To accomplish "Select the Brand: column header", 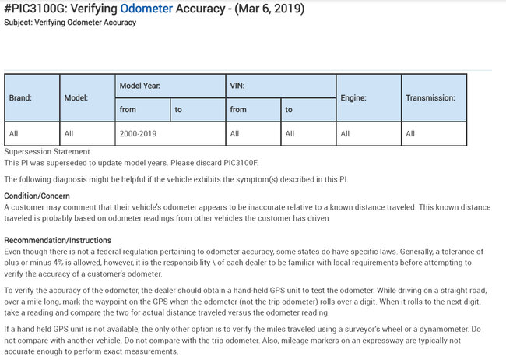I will coord(21,98).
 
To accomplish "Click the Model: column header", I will coord(76,98).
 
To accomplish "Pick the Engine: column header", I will coord(353,98).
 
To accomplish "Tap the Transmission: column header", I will coord(430,98).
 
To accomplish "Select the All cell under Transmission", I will coord(410,133).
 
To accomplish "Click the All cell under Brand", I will coord(14,133).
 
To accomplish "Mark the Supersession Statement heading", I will coord(47,151).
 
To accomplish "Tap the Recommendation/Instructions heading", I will coord(58,240).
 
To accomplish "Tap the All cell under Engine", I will coord(346,133).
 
